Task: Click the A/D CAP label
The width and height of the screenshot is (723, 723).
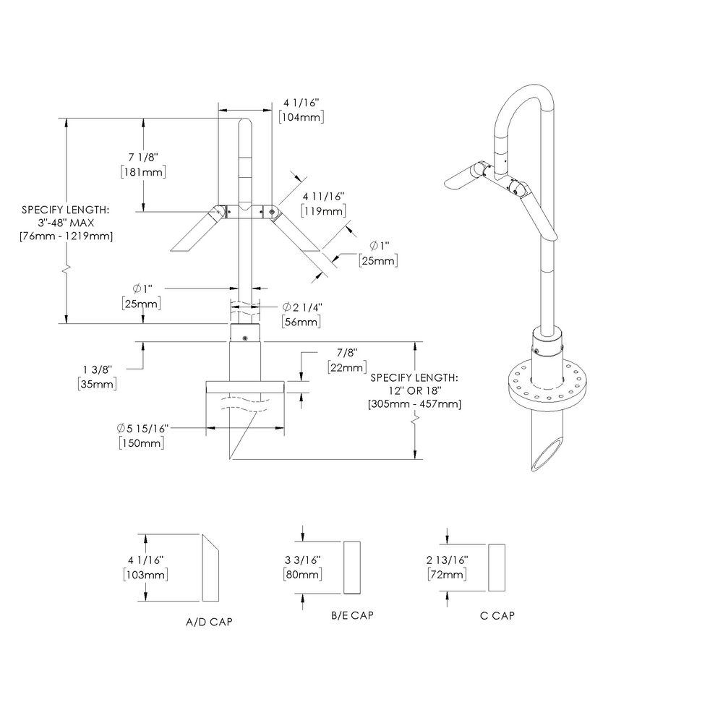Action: [x=209, y=621]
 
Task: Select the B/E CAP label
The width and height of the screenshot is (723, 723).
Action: [x=352, y=615]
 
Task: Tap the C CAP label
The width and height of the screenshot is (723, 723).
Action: [x=497, y=615]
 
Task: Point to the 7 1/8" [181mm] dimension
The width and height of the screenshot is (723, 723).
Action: [x=143, y=164]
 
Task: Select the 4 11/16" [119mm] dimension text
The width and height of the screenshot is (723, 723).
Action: [x=323, y=203]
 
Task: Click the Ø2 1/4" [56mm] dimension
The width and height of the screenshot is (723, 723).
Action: [x=300, y=315]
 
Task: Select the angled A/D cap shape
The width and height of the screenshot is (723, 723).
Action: [x=211, y=568]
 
